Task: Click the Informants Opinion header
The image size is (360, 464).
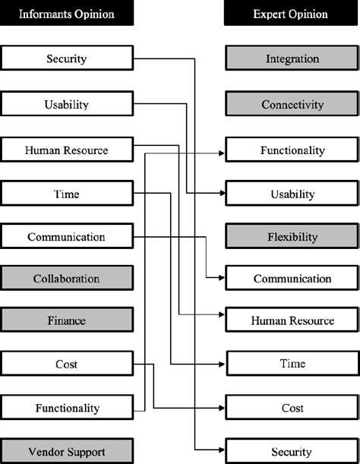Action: [x=67, y=13]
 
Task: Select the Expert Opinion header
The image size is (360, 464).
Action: [x=292, y=13]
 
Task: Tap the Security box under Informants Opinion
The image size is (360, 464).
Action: [x=67, y=58]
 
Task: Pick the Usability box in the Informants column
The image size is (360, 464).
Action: [x=67, y=104]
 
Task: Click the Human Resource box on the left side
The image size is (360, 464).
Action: [x=67, y=150]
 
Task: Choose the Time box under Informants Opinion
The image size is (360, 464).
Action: [x=67, y=194]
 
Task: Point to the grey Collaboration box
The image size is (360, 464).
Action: [x=67, y=279]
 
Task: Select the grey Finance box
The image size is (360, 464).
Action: [x=67, y=320]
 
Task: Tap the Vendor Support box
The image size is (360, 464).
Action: [x=67, y=452]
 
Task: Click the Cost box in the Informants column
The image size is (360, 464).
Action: [x=67, y=364]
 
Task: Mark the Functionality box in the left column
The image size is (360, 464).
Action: [x=67, y=408]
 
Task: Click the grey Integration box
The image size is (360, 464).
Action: [x=292, y=58]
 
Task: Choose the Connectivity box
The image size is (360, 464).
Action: [x=292, y=104]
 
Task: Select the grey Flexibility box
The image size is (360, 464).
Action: [x=292, y=236]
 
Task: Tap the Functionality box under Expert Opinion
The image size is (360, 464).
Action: [x=292, y=150]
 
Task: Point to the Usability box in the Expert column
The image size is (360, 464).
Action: [x=292, y=194]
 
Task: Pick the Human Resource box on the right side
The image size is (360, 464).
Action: [x=292, y=320]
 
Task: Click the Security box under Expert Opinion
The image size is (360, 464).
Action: [x=292, y=452]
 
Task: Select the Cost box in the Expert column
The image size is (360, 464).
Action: [x=292, y=408]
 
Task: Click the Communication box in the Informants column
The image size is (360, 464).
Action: [x=67, y=236]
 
